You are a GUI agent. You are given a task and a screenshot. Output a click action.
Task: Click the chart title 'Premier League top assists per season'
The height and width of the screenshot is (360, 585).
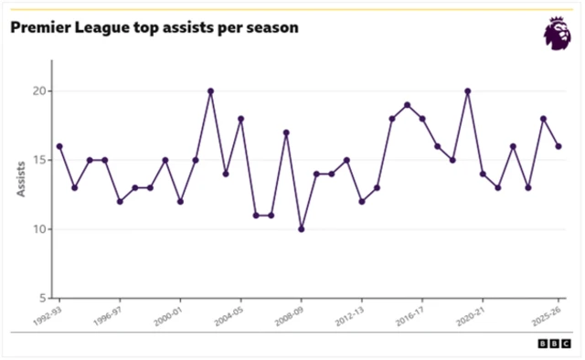point(154,27)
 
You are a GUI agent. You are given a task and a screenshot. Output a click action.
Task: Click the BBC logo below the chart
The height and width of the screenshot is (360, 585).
point(552,344)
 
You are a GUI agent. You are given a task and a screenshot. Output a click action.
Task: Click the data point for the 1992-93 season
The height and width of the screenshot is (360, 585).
point(59,146)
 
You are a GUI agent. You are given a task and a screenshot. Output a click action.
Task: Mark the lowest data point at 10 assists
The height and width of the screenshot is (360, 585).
point(301,229)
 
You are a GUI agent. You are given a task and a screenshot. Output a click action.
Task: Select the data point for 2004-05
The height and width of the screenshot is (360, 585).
point(240,119)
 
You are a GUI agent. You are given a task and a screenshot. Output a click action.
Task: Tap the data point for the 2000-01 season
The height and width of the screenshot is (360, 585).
point(180,201)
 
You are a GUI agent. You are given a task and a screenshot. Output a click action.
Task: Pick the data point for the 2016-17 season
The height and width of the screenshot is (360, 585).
point(422,119)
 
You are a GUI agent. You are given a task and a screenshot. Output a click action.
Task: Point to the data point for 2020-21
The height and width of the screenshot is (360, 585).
point(483,174)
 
